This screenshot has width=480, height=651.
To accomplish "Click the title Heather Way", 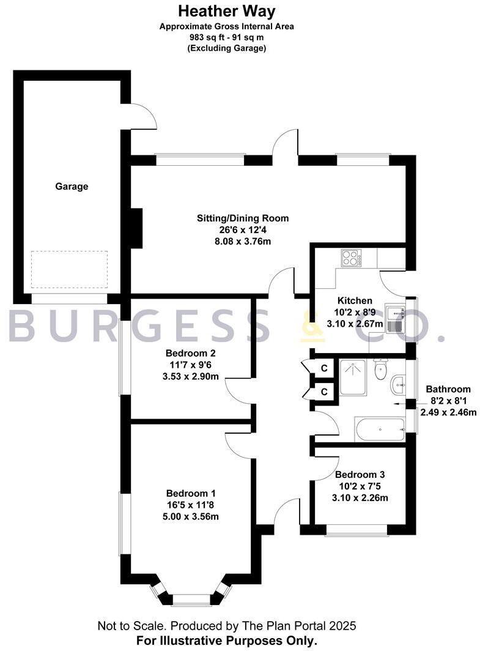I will (x=227, y=11).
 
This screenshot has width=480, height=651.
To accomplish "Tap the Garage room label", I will (x=72, y=187).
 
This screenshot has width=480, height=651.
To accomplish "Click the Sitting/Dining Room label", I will (x=243, y=218).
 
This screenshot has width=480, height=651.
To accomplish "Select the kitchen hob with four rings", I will (x=351, y=258).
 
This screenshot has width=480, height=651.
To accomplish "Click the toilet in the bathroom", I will (x=382, y=368).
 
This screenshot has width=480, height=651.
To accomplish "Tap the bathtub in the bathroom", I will (x=379, y=429).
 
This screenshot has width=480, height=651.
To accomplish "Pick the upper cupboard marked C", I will (x=324, y=368).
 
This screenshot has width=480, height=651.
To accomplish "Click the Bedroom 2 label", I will (x=190, y=354).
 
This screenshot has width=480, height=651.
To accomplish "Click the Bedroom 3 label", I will (x=360, y=475).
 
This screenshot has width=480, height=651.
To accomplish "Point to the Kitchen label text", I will (x=355, y=301).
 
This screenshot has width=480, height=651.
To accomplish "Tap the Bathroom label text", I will (x=448, y=389).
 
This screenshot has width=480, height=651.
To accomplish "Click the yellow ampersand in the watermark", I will (x=312, y=325).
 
